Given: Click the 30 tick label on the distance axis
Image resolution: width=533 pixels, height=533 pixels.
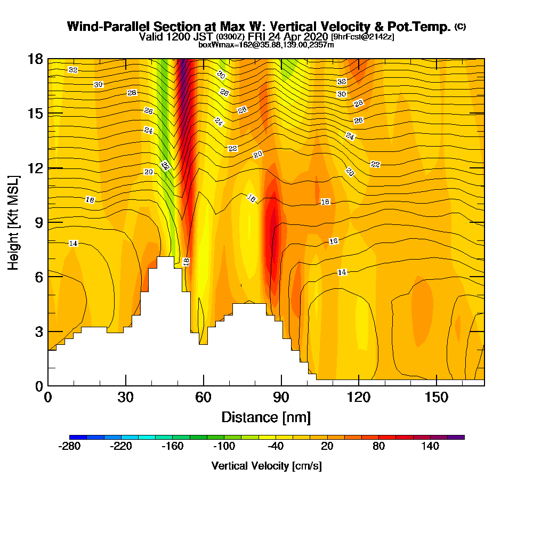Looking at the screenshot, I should coord(126,398).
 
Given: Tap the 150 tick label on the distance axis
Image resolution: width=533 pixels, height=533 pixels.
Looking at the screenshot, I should coord(437,398).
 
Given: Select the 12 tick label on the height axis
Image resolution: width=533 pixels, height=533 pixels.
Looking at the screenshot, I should coord(35,167).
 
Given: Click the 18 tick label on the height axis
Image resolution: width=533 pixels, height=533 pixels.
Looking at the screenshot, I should coord(35,59).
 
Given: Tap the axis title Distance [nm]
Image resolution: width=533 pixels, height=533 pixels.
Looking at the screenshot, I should coord(266,417).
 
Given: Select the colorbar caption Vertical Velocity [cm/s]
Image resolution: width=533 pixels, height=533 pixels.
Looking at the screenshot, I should coord(266,466).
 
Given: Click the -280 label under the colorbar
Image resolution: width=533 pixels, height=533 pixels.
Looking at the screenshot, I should coord(69,447).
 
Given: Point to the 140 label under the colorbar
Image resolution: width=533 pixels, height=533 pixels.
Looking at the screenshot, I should coord(430,447).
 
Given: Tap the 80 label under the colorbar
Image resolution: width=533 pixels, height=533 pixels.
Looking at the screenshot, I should coord(378,447).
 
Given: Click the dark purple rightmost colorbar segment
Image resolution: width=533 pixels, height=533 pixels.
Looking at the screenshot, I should coord(460,437).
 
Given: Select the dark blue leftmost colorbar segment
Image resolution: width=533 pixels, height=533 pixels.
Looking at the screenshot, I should coord(74,437).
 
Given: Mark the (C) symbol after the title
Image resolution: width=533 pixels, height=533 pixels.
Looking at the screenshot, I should coord(460,26).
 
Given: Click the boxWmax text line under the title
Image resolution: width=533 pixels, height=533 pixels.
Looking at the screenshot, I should coord(266,45).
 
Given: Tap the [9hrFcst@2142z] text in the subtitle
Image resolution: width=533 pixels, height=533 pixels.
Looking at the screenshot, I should coord(362,37).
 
